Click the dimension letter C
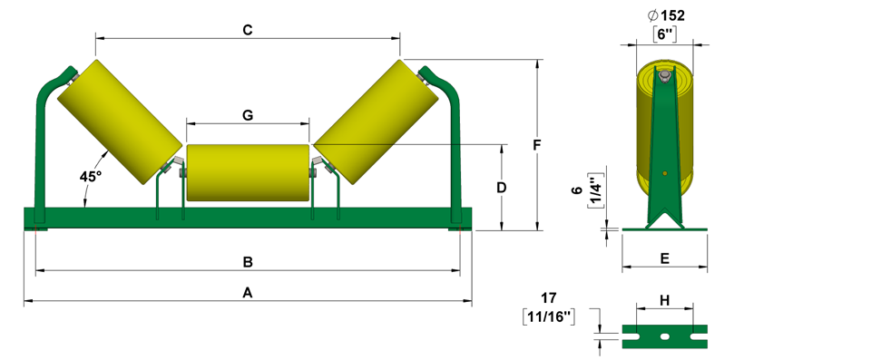tap(248, 31)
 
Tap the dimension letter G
tap(248, 115)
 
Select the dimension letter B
tap(249, 262)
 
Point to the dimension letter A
tap(248, 292)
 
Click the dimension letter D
tap(501, 188)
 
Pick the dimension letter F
tap(536, 145)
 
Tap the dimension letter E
tap(664, 258)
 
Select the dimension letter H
tap(664, 300)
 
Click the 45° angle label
tap(91, 177)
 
